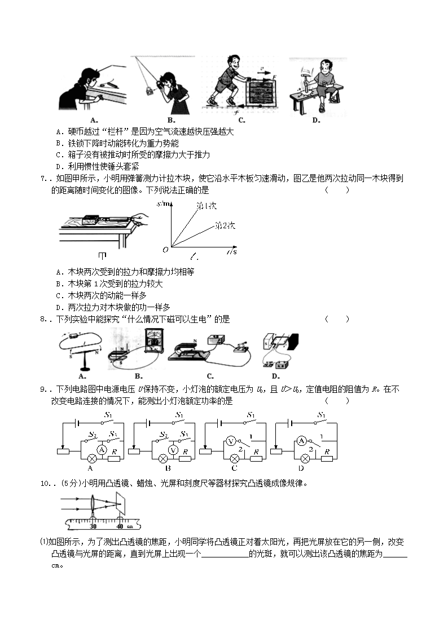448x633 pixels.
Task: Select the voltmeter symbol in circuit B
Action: (x=174, y=449)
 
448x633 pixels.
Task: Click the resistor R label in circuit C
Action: (x=256, y=451)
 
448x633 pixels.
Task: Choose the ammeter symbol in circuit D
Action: (x=302, y=441)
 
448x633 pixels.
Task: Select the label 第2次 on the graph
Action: (x=225, y=225)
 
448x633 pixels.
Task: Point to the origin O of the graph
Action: (x=165, y=249)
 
